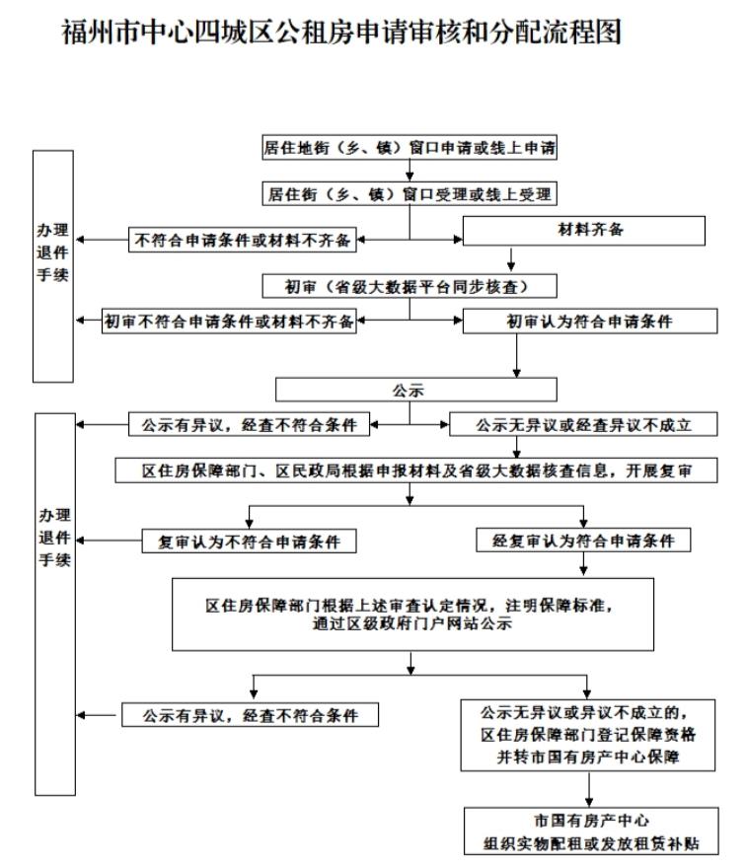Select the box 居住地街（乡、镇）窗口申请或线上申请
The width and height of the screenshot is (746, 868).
pos(410,147)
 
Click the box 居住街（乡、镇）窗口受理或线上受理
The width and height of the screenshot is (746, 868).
pos(410,193)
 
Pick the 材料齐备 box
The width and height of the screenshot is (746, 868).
pos(584,230)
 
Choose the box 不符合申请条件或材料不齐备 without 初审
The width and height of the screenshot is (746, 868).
pos(242,240)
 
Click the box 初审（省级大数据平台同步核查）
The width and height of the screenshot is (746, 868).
pos(410,286)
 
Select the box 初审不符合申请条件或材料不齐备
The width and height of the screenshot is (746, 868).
pos(229,322)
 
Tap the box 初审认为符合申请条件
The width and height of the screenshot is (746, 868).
pos(590,322)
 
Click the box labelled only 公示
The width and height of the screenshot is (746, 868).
pos(415,390)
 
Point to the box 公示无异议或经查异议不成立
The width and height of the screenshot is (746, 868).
pos(583,424)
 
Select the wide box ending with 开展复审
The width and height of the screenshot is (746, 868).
pos(415,470)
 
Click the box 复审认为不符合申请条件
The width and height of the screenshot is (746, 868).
pos(249,541)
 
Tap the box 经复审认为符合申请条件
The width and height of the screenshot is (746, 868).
pos(583,541)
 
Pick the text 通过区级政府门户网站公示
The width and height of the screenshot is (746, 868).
pos(412,623)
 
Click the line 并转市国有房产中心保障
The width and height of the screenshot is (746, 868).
pos(587,757)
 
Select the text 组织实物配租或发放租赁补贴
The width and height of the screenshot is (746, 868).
pos(591,843)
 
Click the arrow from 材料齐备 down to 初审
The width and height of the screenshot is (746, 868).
pos(510,259)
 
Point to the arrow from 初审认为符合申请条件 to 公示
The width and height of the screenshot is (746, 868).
pos(517,355)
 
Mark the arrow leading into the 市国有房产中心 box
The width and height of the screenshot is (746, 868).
pos(589,789)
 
